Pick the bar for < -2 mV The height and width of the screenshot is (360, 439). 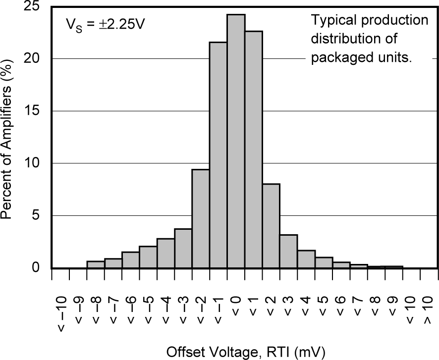[200, 218]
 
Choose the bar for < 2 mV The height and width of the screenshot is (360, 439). [271, 226]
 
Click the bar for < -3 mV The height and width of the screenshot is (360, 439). [183, 248]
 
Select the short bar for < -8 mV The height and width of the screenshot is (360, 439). [95, 264]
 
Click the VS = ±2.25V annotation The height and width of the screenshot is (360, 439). [106, 24]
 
